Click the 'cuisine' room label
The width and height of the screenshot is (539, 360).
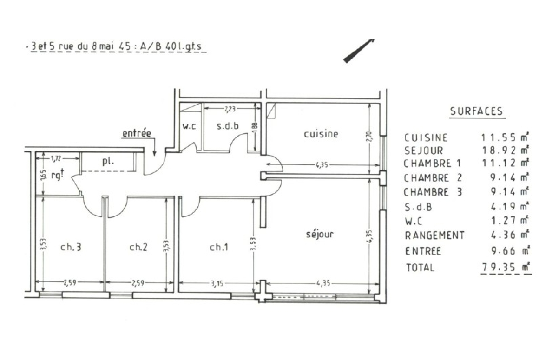pyautogui.click(x=321, y=134)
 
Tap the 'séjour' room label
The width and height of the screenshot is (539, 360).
pyautogui.click(x=320, y=234)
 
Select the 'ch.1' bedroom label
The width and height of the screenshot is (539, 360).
pyautogui.click(x=218, y=248)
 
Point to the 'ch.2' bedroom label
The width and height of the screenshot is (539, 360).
pyautogui.click(x=138, y=248)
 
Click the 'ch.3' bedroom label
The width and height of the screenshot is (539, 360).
pyautogui.click(x=72, y=248)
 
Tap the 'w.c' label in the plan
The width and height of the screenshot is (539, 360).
pyautogui.click(x=188, y=126)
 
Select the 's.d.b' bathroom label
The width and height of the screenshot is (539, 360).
pyautogui.click(x=229, y=125)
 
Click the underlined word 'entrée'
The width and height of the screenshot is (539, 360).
pyautogui.click(x=137, y=133)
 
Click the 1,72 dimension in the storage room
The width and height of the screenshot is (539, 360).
pyautogui.click(x=55, y=158)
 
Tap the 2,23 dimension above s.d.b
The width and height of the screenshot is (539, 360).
pyautogui.click(x=230, y=109)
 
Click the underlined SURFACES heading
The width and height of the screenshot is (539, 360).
pyautogui.click(x=476, y=111)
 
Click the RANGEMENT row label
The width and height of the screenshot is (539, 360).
pyautogui.click(x=434, y=236)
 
